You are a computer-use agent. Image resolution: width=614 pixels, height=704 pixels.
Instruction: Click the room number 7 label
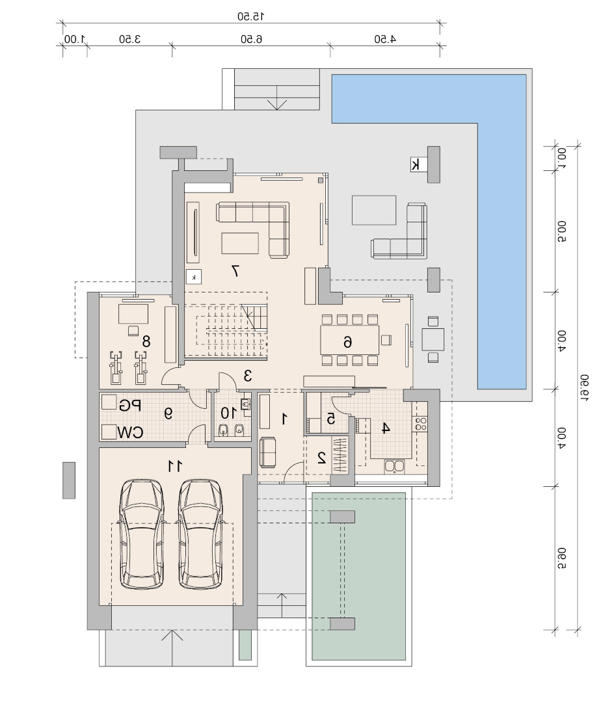pyautogui.click(x=235, y=270)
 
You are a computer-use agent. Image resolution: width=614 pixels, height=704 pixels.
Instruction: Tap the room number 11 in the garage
pyautogui.click(x=175, y=466)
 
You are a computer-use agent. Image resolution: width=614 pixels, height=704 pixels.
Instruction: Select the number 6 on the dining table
pyautogui.click(x=347, y=342)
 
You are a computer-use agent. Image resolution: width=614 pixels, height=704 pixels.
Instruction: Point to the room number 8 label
pyautogui.click(x=146, y=341)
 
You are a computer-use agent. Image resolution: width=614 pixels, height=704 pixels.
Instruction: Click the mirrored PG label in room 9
pyautogui.click(x=130, y=406)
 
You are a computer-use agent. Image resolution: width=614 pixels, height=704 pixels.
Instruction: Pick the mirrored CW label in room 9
pyautogui.click(x=130, y=432)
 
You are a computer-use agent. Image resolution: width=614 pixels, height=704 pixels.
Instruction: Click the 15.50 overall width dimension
pyautogui.click(x=251, y=16)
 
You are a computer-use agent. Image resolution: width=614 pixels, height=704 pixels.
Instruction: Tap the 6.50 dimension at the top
pyautogui.click(x=251, y=39)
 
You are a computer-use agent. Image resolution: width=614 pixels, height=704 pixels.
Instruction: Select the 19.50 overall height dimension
pyautogui.click(x=583, y=387)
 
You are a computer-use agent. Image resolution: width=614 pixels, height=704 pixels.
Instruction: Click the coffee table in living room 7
pyautogui.click(x=240, y=243)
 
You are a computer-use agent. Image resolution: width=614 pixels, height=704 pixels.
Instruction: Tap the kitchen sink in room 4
pyautogui.click(x=394, y=467)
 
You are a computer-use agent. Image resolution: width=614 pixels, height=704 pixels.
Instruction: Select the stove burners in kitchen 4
pyautogui.click(x=421, y=424)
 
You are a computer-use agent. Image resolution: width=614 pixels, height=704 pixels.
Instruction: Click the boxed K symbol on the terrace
pyautogui.click(x=416, y=164)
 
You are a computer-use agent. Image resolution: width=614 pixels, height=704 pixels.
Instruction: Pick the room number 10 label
pyautogui.click(x=228, y=413)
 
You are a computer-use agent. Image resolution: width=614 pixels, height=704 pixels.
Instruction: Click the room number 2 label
pyautogui.click(x=321, y=458)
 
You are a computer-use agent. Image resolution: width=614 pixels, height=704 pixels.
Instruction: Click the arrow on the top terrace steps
pyautogui.click(x=277, y=98)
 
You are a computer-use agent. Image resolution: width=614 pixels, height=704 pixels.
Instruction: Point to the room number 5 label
pyautogui.click(x=330, y=419)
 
